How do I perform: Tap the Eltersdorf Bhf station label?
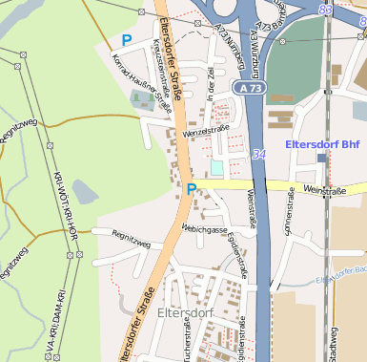coord(325,145)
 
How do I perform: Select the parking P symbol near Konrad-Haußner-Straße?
coord(127,40)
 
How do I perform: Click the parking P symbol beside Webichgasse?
coord(192,188)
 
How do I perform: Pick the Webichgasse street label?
coord(204,230)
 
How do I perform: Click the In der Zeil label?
coord(212,94)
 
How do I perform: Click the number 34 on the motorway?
coord(258,154)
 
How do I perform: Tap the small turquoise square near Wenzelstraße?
coord(217,167)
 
